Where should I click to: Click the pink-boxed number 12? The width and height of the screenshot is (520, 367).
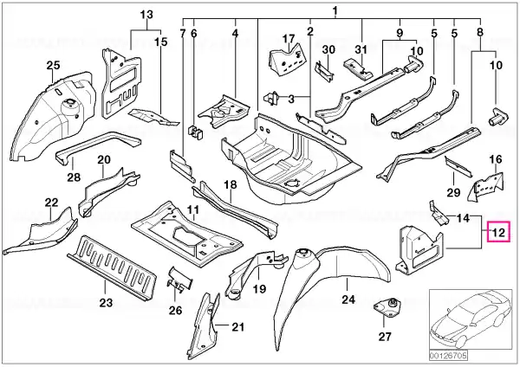pyautogui.click(x=498, y=233)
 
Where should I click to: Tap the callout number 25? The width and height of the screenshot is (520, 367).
pyautogui.click(x=53, y=65)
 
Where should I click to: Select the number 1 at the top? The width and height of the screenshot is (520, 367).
pyautogui.click(x=335, y=11)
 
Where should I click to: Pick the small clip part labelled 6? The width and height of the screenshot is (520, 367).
pyautogui.click(x=195, y=131)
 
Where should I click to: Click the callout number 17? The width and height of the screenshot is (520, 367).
pyautogui.click(x=289, y=39)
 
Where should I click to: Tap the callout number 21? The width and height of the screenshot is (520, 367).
pyautogui.click(x=237, y=327)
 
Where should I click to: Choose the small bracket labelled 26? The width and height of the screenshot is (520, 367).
pyautogui.click(x=179, y=280)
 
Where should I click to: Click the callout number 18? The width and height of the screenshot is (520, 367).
pyautogui.click(x=231, y=184)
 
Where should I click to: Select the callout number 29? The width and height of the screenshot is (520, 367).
pyautogui.click(x=453, y=192)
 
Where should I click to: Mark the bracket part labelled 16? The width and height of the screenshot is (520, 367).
pyautogui.click(x=485, y=186)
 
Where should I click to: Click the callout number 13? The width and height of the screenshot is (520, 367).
pyautogui.click(x=146, y=15)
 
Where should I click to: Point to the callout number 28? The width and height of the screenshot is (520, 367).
pyautogui.click(x=74, y=177)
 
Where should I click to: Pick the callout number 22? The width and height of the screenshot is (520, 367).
pyautogui.click(x=51, y=203)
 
